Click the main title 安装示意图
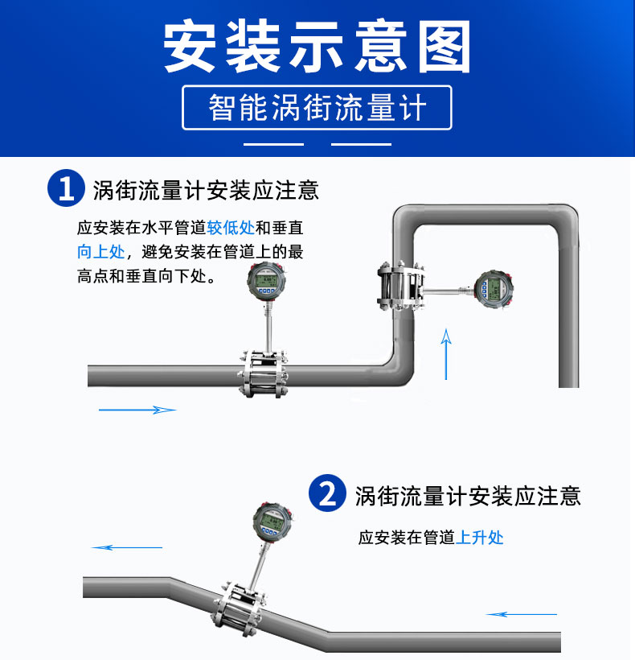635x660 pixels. tap(317, 47)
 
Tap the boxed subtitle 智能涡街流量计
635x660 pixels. tap(317, 108)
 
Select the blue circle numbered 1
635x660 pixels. tap(66, 188)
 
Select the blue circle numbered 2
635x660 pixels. tap(327, 493)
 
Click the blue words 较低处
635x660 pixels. tap(231, 228)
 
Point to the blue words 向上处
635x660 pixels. tap(100, 252)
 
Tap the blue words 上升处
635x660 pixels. tap(479, 538)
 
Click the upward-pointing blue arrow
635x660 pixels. tap(446, 354)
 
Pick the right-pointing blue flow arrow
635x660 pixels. tap(137, 410)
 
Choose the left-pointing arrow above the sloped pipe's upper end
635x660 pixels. tap(127, 547)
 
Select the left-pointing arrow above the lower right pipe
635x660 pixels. tap(522, 615)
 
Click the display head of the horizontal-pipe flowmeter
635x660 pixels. tap(266, 281)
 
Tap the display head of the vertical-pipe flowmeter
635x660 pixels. tap(494, 289)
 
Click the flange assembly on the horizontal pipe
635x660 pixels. tap(264, 373)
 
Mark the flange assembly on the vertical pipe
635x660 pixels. tap(401, 287)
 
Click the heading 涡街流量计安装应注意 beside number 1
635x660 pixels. tap(206, 190)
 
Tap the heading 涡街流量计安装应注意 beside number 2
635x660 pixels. tap(468, 496)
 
